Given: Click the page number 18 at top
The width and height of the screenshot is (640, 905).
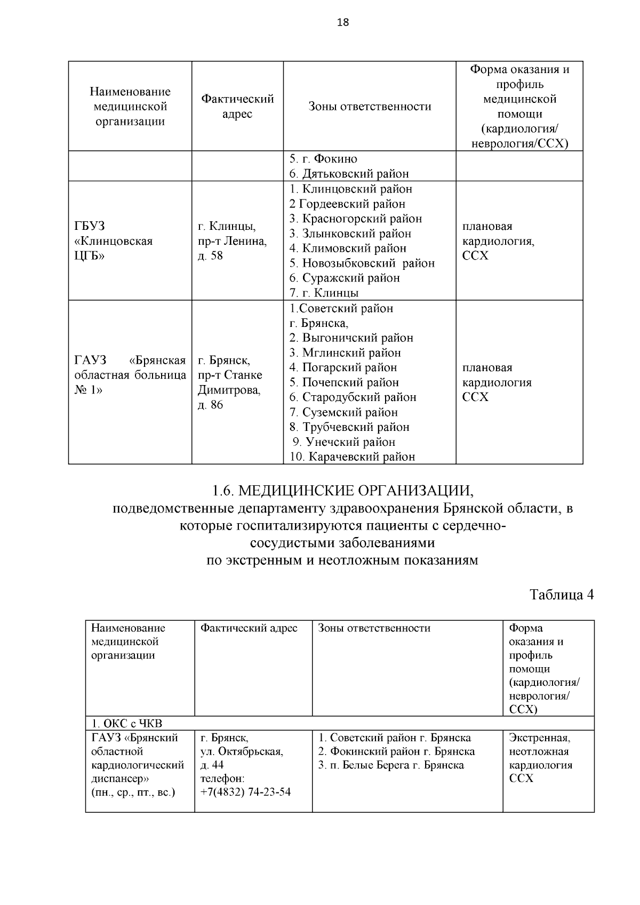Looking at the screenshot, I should tap(343, 22).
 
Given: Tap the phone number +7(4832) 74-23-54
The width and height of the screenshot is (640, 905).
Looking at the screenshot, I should tap(246, 792).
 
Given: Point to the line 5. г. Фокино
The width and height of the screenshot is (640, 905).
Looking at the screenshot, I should tap(323, 159).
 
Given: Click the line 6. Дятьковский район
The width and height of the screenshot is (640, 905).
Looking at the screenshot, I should tap(349, 174).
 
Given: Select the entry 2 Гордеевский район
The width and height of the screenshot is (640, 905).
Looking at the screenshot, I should tap(347, 204).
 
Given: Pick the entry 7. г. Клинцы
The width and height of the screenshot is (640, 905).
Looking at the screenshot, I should tap(324, 293).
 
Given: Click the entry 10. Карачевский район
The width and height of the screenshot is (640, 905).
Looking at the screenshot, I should tap(352, 456).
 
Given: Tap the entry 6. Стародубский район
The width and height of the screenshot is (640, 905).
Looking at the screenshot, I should tap(353, 397).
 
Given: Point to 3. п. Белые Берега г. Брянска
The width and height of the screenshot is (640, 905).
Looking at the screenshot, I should tap(391, 765).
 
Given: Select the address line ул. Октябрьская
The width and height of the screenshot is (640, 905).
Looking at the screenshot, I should tap(242, 752).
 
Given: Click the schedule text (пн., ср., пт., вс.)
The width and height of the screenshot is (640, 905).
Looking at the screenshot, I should tap(133, 792).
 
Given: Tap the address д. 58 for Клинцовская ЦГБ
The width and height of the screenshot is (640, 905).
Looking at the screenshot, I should tap(210, 256).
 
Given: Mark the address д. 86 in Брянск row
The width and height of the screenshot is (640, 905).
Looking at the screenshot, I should tap(210, 405).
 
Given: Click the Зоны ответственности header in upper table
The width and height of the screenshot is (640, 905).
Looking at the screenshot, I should tap(370, 107).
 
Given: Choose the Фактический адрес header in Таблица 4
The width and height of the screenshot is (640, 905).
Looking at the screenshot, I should tap(249, 628).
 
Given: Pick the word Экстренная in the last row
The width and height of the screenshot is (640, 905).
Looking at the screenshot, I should tap(539, 738).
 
